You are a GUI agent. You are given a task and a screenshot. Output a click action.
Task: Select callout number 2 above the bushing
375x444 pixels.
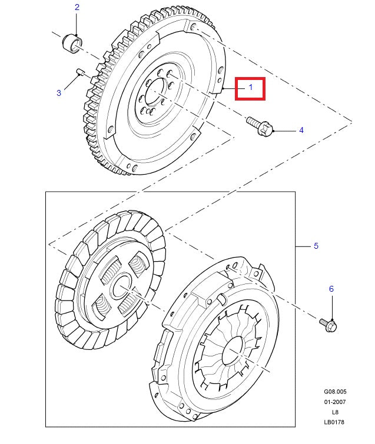(x=77, y=8)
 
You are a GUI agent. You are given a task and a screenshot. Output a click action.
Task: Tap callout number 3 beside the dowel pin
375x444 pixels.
(x=59, y=92)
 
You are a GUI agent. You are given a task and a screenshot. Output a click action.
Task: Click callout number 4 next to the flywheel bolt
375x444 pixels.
(x=301, y=130)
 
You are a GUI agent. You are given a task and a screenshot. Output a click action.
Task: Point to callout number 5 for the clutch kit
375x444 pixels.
(x=316, y=246)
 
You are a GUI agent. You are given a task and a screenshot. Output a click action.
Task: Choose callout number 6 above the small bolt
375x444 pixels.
(x=331, y=289)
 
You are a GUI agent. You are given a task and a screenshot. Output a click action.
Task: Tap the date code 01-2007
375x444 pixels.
(x=334, y=402)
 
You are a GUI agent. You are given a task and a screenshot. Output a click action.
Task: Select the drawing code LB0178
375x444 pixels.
(x=334, y=422)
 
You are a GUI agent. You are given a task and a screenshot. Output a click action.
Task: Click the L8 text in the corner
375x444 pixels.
(x=334, y=412)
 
